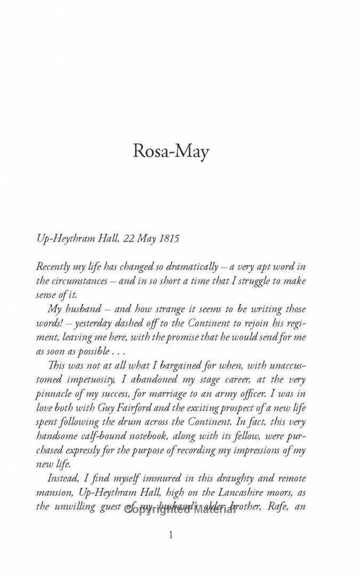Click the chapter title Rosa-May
point(171,152)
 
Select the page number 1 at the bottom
point(171,535)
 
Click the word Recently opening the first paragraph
point(56,266)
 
